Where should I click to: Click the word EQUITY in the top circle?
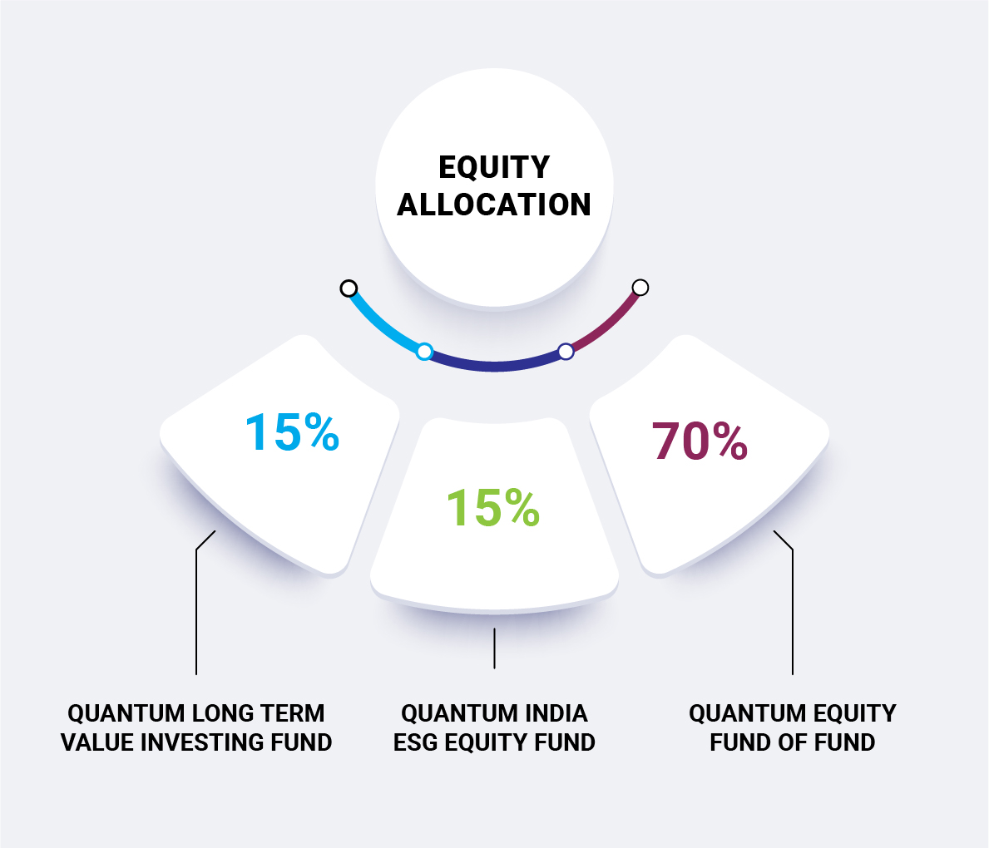point(494,168)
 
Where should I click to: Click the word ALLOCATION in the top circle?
point(494,205)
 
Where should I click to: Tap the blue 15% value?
point(292,432)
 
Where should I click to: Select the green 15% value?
point(493,507)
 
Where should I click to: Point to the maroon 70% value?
point(700,441)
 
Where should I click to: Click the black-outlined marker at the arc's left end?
point(349,288)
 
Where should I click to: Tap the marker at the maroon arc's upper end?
point(640,288)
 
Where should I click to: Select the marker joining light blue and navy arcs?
point(425,351)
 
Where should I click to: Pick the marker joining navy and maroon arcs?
point(566,351)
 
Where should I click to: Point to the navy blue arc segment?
point(495,366)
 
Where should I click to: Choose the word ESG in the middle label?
point(416,742)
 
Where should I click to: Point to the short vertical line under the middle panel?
point(494,648)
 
